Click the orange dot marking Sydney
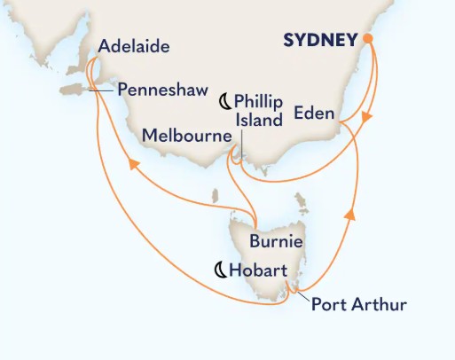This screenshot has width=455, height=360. (367, 39)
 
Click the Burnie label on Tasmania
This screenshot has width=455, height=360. (278, 241)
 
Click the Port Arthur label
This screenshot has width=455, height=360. (359, 305)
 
